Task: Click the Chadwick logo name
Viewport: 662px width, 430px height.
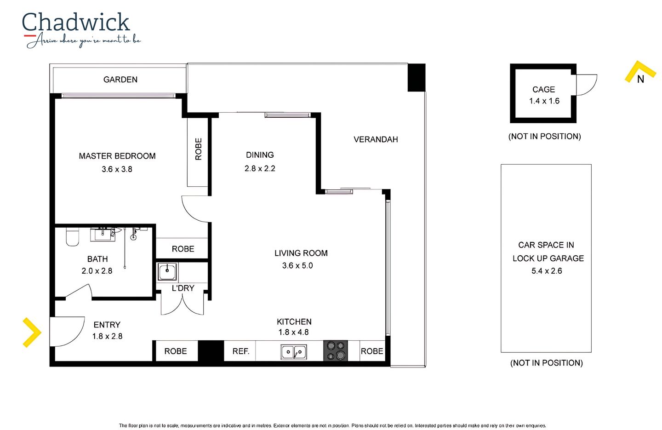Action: [76, 22]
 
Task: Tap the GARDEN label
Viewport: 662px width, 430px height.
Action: [120, 80]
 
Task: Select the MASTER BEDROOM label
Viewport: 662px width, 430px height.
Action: [117, 156]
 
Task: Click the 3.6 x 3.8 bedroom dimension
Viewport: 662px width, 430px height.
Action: [117, 169]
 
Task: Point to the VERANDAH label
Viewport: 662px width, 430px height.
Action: [376, 139]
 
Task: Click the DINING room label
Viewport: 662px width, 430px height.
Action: [260, 155]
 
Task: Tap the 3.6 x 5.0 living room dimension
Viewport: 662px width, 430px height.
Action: [297, 265]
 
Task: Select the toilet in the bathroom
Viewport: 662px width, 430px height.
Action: [72, 236]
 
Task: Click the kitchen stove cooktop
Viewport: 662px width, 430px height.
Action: [336, 350]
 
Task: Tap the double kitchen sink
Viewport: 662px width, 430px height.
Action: [294, 352]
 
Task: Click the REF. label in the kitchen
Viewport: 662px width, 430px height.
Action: [240, 351]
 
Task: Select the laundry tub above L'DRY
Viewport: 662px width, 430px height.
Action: [167, 271]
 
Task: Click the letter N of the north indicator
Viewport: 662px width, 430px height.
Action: [640, 79]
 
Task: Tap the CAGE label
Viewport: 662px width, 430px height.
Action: [543, 90]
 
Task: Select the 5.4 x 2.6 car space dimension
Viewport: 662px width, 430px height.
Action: [547, 271]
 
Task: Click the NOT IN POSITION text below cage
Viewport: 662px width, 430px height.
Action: [544, 137]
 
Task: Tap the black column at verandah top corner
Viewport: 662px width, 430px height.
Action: [417, 77]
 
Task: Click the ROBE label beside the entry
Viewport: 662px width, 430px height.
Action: [176, 351]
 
